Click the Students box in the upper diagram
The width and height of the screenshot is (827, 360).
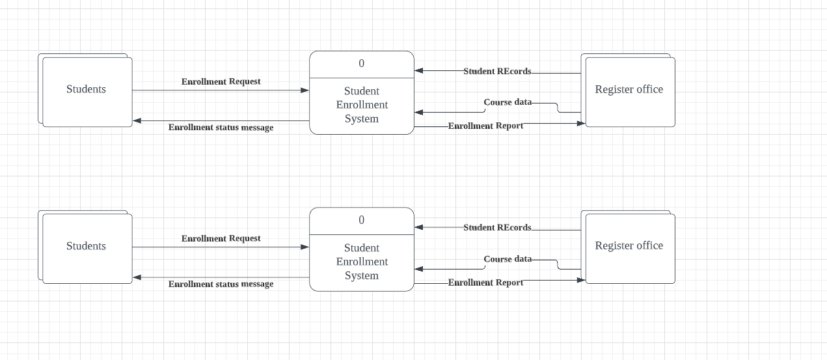point(86,90)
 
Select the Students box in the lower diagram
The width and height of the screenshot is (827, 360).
point(86,247)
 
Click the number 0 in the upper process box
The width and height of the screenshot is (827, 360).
point(362,64)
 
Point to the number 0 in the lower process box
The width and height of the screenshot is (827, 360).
point(362,221)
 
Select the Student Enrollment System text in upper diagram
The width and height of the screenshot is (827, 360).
point(362,105)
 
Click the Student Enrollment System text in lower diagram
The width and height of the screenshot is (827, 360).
point(362,262)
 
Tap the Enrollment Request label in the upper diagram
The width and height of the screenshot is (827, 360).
point(221,82)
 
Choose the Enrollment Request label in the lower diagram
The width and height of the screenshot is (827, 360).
point(221,239)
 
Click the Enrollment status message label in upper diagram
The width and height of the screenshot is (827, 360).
point(221,128)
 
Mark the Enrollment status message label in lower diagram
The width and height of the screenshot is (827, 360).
point(221,284)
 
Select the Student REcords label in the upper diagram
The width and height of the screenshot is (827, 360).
point(497,72)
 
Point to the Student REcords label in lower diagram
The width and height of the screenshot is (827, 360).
point(497,228)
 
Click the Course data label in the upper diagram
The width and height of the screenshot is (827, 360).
point(508,103)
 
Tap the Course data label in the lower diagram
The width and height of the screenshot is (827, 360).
point(508,259)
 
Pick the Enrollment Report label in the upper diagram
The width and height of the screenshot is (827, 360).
point(486,126)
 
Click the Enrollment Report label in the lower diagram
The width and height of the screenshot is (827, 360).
point(486,283)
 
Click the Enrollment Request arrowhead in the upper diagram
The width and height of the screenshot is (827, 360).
point(305,90)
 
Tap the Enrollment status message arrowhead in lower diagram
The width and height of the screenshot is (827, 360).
point(137,277)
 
